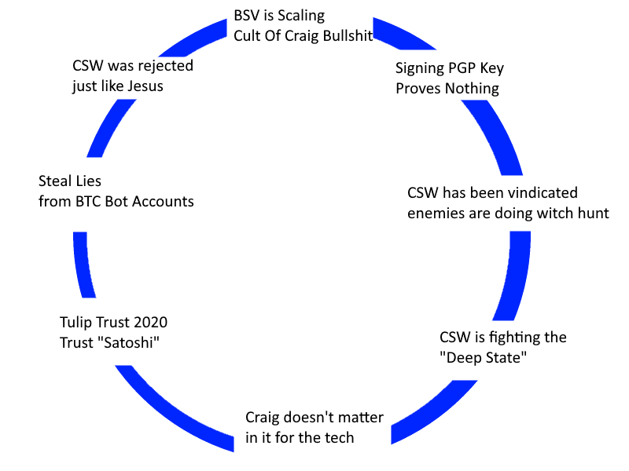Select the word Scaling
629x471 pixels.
click(299, 16)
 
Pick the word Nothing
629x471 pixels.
click(472, 89)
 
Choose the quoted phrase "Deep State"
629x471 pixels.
click(482, 358)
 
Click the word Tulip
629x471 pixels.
click(77, 323)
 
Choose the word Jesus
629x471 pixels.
click(145, 86)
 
